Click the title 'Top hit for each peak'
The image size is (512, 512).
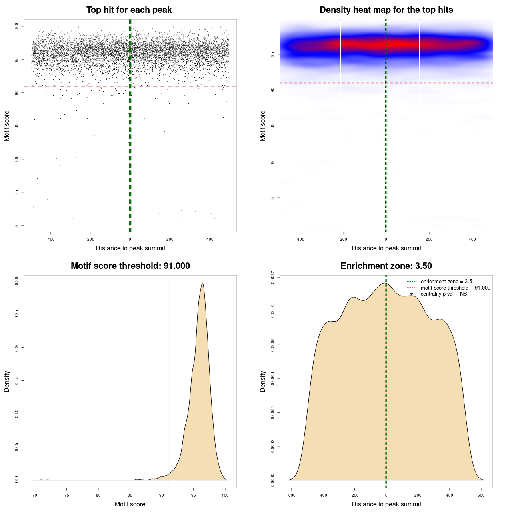pyautogui.click(x=129, y=10)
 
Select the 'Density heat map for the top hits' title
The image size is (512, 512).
pyautogui.click(x=386, y=10)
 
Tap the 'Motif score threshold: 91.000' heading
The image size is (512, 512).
pyautogui.click(x=130, y=266)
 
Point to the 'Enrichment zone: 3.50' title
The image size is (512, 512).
pyautogui.click(x=386, y=266)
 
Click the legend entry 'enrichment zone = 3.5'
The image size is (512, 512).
pyautogui.click(x=446, y=282)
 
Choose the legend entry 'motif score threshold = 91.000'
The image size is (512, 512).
pyautogui.click(x=455, y=288)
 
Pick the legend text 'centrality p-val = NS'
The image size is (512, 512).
pyautogui.click(x=444, y=294)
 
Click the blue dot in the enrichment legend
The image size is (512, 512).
pyautogui.click(x=412, y=294)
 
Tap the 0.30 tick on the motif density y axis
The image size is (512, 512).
pyautogui.click(x=16, y=281)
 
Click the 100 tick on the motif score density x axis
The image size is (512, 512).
pyautogui.click(x=225, y=495)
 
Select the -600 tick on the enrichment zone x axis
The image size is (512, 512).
pyautogui.click(x=291, y=495)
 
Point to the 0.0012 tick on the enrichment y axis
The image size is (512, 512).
pyautogui.click(x=272, y=277)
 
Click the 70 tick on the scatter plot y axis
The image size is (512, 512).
pyautogui.click(x=16, y=226)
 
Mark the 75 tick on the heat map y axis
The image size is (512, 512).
pyautogui.click(x=272, y=198)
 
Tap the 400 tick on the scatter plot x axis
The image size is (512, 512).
pyautogui.click(x=210, y=239)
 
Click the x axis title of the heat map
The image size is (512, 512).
pyautogui.click(x=386, y=248)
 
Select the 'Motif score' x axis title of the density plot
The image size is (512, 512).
pyautogui.click(x=130, y=504)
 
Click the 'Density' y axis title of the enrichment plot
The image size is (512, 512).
pyautogui.click(x=263, y=381)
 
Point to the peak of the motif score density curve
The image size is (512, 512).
pyautogui.click(x=203, y=283)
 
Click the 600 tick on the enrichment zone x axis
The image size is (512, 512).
pyautogui.click(x=481, y=495)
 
